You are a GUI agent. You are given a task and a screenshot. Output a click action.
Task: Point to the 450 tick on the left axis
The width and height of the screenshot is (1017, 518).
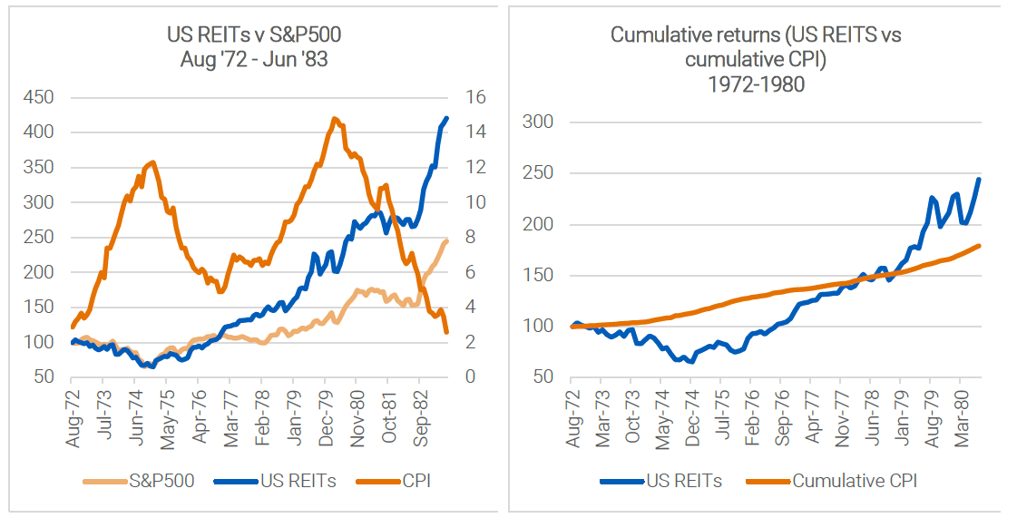pyautogui.click(x=38, y=97)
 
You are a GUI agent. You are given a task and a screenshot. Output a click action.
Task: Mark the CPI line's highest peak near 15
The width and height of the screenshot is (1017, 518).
pyautogui.click(x=335, y=119)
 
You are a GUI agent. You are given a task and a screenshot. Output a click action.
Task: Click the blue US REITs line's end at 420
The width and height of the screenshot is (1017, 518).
pyautogui.click(x=446, y=118)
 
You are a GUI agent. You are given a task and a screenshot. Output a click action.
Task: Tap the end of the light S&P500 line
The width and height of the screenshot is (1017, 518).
pyautogui.click(x=446, y=240)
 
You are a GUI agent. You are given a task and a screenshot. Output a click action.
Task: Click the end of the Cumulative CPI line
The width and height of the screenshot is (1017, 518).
pyautogui.click(x=980, y=245)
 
